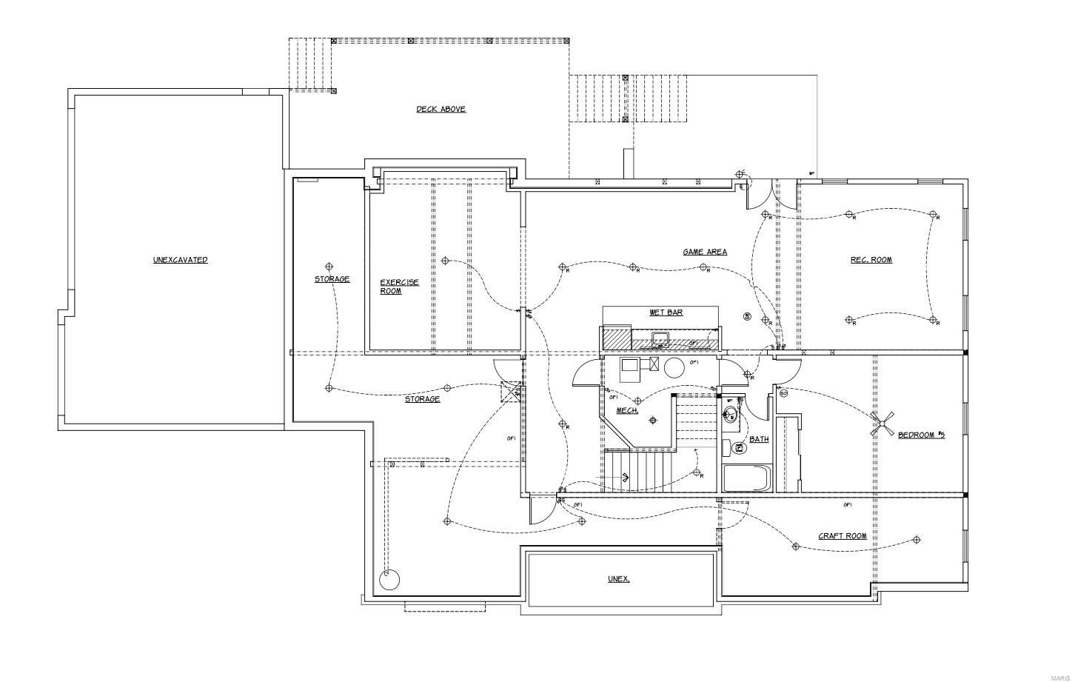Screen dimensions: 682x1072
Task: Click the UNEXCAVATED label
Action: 180,260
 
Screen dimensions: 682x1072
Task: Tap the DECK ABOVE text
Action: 440,110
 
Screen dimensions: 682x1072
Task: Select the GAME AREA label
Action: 704,253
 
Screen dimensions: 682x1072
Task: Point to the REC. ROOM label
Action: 871,260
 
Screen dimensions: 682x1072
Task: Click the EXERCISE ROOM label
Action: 399,287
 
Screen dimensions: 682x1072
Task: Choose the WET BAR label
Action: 666,312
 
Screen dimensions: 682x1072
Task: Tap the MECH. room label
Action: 627,410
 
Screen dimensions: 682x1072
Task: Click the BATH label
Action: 759,439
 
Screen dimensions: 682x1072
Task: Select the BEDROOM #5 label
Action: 921,435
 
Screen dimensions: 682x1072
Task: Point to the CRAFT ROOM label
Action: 842,536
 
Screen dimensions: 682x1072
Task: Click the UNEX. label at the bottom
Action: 618,579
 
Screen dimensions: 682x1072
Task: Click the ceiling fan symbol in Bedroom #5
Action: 882,426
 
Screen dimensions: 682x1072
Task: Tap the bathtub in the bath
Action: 747,478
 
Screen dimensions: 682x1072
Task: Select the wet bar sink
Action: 660,340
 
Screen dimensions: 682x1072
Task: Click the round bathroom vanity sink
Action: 730,415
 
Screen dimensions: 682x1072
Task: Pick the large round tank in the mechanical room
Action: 674,368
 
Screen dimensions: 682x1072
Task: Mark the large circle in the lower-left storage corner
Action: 389,579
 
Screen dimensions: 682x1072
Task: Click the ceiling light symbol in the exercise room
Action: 445,261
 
